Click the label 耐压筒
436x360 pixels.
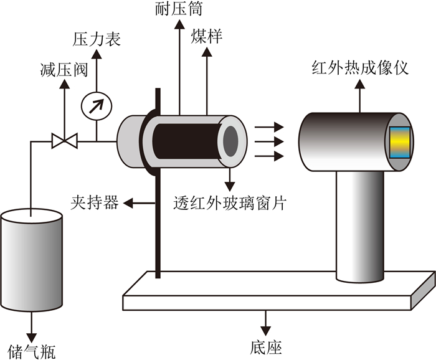click(x=179, y=8)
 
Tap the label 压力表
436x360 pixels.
click(x=97, y=39)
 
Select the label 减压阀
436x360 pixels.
click(x=64, y=70)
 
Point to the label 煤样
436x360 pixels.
click(x=206, y=36)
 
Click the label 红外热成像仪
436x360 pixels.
click(x=360, y=67)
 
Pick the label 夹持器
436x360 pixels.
click(x=95, y=202)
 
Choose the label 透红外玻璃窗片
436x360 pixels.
click(x=230, y=203)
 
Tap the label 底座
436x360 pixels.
click(x=266, y=347)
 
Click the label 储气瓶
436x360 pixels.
click(x=31, y=352)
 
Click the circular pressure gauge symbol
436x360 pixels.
click(x=97, y=106)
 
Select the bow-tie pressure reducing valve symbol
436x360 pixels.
click(x=65, y=141)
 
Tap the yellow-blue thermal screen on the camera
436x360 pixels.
click(x=400, y=143)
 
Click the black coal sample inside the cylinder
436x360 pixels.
click(x=187, y=141)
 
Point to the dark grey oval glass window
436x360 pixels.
click(x=230, y=141)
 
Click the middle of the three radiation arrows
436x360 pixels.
click(x=269, y=142)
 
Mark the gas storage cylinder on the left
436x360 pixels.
click(x=31, y=260)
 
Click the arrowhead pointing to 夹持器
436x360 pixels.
click(x=128, y=203)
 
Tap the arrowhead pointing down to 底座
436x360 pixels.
click(x=266, y=331)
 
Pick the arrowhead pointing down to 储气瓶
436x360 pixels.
click(x=31, y=337)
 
